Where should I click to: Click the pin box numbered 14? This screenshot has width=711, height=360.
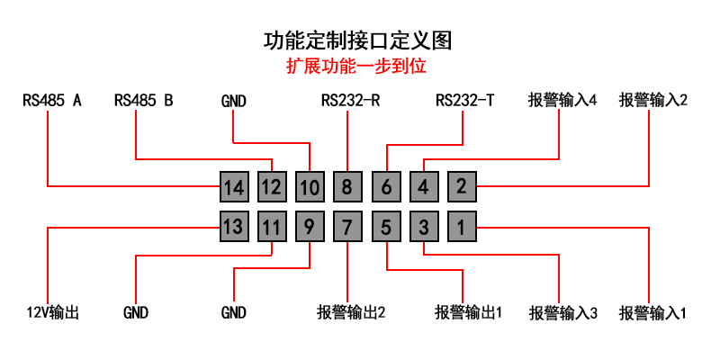pos(234,187)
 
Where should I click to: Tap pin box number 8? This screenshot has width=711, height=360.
pos(347,187)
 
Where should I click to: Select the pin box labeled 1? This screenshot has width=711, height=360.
pos(462,226)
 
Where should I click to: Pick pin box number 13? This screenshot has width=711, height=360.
pos(234,226)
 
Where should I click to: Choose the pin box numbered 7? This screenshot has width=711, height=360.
pos(347,226)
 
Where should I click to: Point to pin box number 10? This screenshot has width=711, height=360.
pos(310,187)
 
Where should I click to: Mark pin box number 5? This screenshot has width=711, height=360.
pos(386,226)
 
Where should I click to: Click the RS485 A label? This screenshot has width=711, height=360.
pos(52,100)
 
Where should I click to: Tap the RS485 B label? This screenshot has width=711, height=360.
pos(144,100)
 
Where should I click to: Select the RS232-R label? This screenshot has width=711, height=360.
pos(350,100)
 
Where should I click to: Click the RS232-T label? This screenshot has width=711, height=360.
pos(464,100)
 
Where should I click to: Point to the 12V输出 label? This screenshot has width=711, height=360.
pos(52,312)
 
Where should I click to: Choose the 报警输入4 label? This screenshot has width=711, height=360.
pos(562,100)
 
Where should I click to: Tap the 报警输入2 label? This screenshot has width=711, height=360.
pos(653,100)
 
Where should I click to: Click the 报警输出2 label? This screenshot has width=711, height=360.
pos(351,312)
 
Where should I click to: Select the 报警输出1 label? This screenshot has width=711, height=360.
pos(468,312)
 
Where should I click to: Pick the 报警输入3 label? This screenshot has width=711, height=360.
pos(563,313)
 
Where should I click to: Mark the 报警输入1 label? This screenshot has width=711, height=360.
pos(653,313)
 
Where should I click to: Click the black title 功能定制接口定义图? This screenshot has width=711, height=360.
pos(358,40)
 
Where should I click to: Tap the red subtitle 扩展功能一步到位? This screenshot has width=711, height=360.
pos(356,67)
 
